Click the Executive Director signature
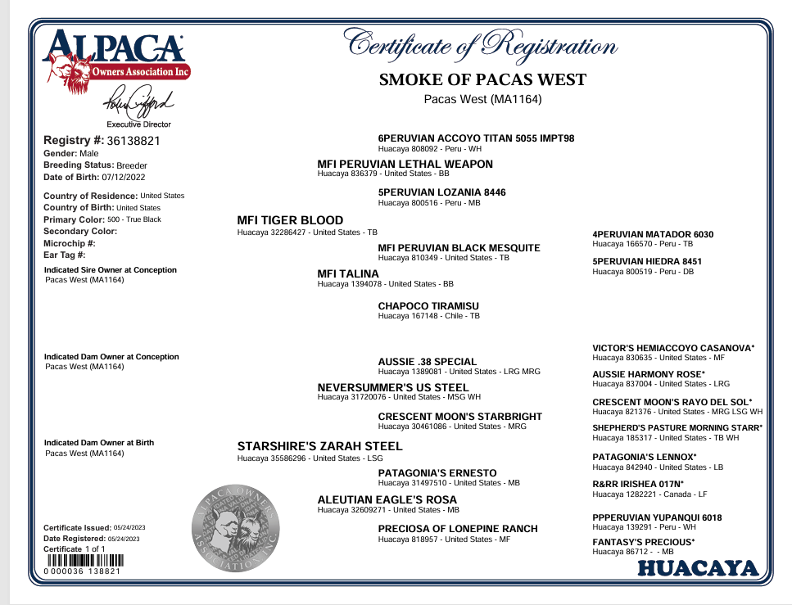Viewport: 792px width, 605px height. point(138,104)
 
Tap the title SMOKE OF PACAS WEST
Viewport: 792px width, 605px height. point(482,79)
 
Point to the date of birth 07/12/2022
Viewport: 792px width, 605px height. point(116,177)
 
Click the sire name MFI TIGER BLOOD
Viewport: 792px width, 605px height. point(290,220)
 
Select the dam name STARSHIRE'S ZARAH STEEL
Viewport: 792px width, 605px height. point(319,446)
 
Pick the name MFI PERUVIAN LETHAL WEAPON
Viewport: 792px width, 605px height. point(405,164)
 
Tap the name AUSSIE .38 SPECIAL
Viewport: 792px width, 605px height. point(427,361)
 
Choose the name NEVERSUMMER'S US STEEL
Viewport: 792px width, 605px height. point(392,387)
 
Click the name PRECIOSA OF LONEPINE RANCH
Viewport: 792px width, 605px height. point(457,529)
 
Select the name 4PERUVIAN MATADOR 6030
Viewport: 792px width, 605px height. point(653,234)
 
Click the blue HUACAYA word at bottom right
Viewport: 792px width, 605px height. point(699,568)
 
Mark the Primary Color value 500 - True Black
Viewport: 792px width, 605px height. point(134,219)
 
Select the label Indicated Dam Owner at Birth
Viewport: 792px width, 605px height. point(98,443)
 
